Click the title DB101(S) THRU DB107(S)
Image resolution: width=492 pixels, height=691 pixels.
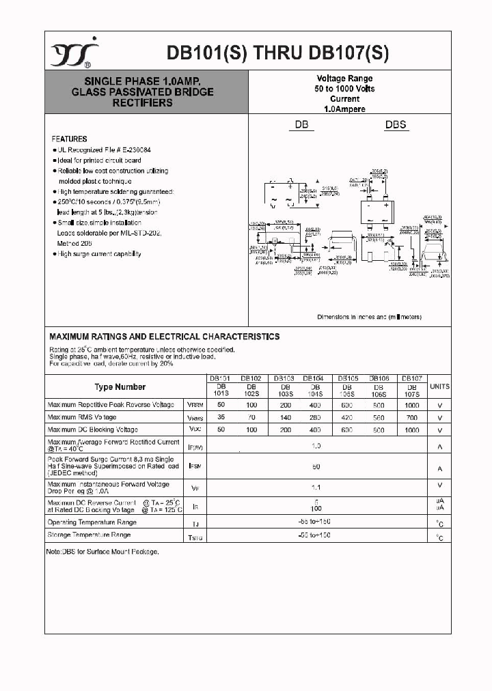point(277,53)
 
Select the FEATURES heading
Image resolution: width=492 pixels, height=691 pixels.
point(69,139)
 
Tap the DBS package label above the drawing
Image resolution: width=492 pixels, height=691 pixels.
point(396,125)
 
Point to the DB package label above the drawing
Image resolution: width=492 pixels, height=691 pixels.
point(302,125)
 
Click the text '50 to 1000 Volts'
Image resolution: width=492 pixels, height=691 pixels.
point(344,89)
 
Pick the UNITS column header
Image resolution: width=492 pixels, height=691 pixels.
point(439,386)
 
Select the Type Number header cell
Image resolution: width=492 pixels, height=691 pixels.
point(120,387)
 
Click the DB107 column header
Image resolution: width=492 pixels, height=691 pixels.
point(411,378)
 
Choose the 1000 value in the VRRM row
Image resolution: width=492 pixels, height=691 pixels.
point(411,405)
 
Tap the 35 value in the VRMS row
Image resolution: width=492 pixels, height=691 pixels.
point(220,417)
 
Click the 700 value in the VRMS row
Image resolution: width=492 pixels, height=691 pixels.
point(411,417)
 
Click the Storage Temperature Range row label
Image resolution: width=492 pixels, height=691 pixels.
point(89,535)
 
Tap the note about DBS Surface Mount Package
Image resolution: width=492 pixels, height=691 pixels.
point(102,551)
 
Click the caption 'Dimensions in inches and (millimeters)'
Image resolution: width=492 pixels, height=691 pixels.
point(369,317)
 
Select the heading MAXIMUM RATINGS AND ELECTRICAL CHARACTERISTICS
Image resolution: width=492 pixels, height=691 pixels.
point(164,337)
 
